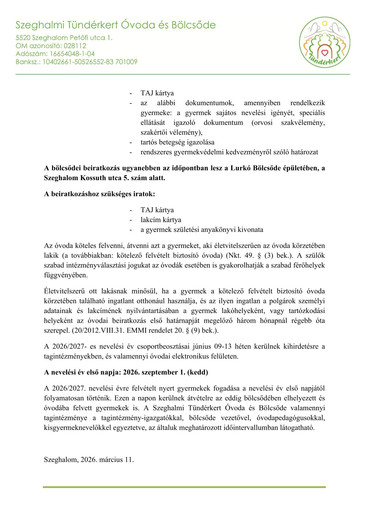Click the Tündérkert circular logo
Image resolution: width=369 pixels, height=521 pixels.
324,42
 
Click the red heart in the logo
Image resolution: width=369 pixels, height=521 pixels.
325,53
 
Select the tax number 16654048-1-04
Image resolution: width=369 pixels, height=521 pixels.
72,54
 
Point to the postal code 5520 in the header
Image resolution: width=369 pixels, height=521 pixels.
23,38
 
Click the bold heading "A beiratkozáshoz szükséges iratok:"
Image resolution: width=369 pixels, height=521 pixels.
99,194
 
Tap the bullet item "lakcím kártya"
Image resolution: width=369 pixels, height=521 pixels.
161,220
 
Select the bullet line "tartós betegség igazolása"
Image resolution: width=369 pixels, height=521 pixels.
177,142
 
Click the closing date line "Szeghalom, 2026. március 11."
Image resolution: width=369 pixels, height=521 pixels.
89,460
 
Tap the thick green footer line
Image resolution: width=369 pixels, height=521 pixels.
184,487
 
